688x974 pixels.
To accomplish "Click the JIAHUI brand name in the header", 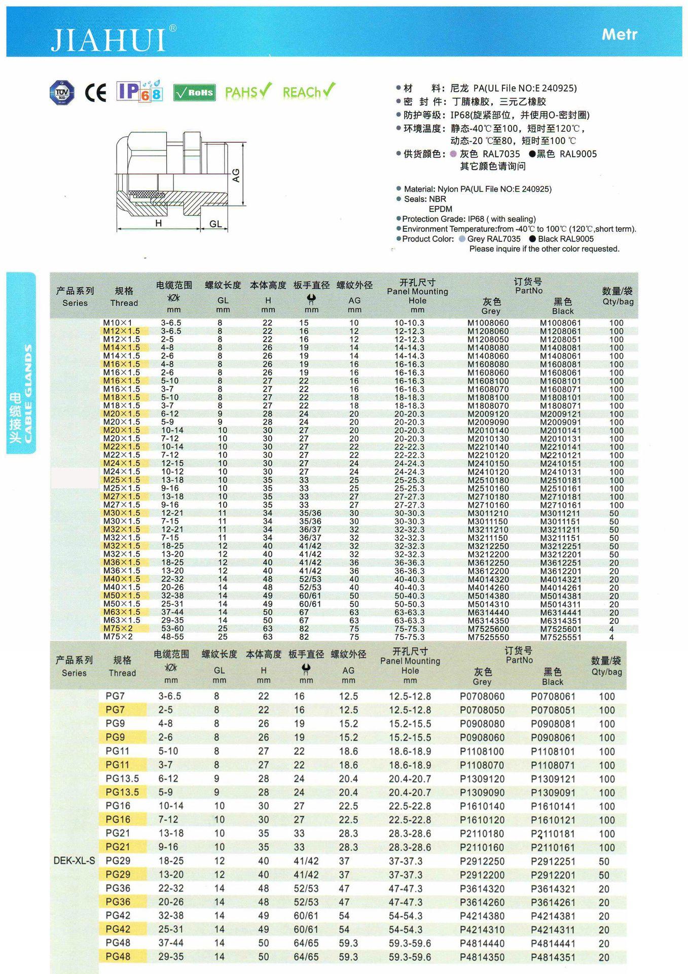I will [x=108, y=40].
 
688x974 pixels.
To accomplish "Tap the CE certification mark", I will [x=95, y=92].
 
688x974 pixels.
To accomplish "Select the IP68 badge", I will [x=139, y=91].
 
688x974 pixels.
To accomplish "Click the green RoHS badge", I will [x=194, y=92].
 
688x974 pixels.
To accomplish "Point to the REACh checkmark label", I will [x=308, y=92].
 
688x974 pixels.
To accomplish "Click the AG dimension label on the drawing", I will [x=236, y=175].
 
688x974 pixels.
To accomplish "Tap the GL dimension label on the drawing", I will [x=215, y=224].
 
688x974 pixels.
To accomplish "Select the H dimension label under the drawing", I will [x=159, y=223].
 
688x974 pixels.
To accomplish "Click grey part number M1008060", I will [x=488, y=323].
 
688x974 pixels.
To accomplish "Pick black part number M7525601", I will [x=560, y=629].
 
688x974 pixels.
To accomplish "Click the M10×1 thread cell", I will [x=118, y=323].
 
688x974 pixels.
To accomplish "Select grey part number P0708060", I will [x=482, y=697].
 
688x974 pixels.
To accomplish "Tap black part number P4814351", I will [x=553, y=957].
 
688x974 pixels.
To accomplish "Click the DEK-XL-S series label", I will [x=74, y=861].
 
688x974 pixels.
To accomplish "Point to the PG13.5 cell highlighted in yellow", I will [x=122, y=792].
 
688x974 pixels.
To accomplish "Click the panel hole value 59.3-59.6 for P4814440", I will [x=410, y=944].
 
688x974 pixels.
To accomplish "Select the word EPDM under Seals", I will [x=440, y=209].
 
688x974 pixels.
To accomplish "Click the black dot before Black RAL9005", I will [x=532, y=239].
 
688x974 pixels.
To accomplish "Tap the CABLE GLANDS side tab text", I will [x=27, y=393].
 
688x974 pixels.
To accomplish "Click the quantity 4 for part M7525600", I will [x=611, y=629].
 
